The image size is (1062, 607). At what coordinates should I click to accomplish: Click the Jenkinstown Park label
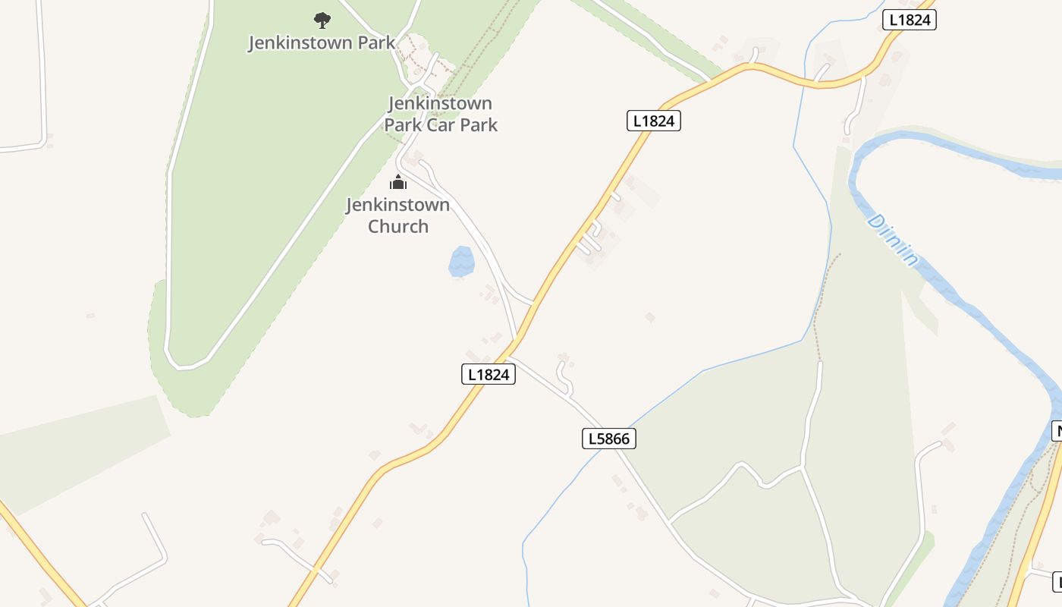tap(322, 42)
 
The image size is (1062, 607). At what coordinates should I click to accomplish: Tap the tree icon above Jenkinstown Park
tap(322, 20)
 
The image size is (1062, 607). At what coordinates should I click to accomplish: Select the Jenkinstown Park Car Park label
tap(441, 114)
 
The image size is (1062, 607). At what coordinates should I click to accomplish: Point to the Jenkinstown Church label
tap(398, 215)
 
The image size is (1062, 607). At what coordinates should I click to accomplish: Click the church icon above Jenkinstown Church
tap(398, 182)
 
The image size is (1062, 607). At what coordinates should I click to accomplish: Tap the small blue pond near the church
tap(461, 261)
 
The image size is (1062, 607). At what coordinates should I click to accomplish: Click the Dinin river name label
tap(892, 240)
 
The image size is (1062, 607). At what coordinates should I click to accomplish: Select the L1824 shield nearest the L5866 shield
tap(489, 374)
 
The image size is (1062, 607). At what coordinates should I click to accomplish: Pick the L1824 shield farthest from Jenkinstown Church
tap(910, 20)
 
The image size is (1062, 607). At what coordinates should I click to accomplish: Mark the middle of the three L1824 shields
tap(654, 121)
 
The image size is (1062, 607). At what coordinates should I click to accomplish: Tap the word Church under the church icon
tap(398, 226)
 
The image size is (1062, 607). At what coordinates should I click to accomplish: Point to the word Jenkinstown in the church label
tap(398, 205)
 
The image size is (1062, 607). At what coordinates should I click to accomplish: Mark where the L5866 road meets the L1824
tap(510, 355)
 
